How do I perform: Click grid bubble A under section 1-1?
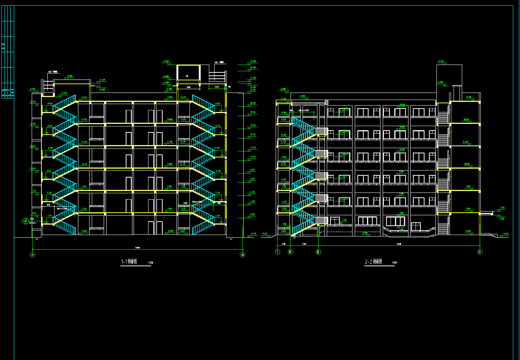point(32,254)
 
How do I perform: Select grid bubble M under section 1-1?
point(243,254)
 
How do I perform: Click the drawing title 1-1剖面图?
point(129,262)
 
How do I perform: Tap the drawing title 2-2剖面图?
point(373,262)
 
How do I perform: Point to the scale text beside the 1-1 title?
point(150,263)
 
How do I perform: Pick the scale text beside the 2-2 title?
point(394,263)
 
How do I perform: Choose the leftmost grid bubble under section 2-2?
point(277,252)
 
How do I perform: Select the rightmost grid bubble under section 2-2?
point(480,252)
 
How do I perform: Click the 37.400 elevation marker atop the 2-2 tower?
point(441,61)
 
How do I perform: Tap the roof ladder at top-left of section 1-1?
point(49,88)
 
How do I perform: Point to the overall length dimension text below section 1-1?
point(137,248)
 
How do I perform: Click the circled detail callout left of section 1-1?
point(26,220)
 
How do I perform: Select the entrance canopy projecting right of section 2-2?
point(486,213)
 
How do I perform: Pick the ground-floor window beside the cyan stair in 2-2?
point(335,222)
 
